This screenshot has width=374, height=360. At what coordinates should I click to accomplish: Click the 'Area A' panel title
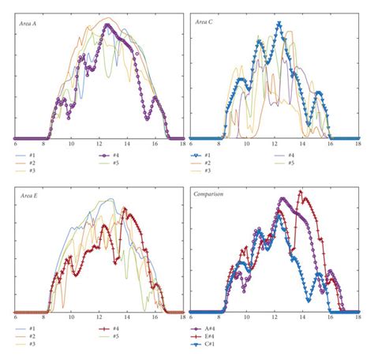[31, 24]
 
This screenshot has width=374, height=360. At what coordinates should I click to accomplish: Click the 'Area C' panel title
[207, 24]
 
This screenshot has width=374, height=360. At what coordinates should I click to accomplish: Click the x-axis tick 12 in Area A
[99, 144]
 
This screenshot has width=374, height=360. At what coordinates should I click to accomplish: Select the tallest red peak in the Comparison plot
[300, 192]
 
